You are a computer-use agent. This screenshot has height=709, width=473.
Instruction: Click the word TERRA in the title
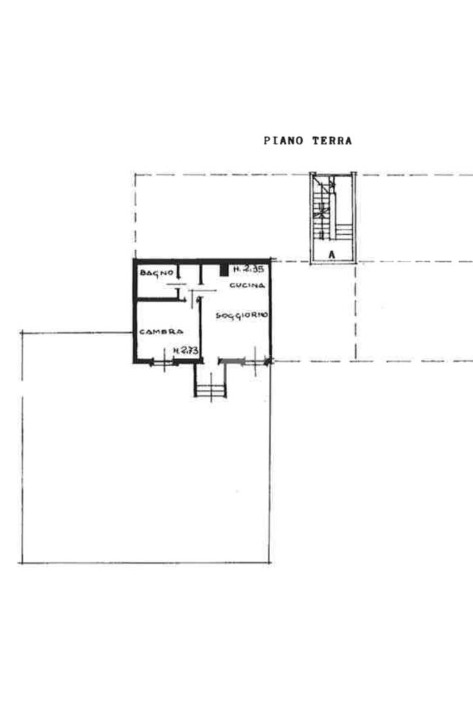coord(332,141)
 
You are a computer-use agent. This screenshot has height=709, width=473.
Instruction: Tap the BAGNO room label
coord(157,273)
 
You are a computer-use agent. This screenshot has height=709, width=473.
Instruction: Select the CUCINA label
coord(247,285)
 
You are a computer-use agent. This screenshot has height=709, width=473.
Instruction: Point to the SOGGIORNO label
coord(242,315)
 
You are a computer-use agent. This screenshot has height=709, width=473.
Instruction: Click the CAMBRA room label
coord(161,332)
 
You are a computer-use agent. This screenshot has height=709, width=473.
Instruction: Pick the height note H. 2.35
coord(248,269)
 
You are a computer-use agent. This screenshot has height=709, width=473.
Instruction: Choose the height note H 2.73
coord(186,350)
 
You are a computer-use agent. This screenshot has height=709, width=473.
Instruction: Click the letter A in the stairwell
coord(332,255)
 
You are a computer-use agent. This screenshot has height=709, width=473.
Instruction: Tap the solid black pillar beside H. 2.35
coord(224,269)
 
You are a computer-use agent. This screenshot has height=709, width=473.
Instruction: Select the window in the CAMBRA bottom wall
coord(163,361)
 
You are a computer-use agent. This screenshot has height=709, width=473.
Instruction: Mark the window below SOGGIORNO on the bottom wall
coord(255,361)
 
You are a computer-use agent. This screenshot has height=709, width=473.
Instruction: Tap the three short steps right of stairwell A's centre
coord(345,231)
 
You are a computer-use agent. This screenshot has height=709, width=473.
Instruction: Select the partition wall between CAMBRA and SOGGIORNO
coord(199,327)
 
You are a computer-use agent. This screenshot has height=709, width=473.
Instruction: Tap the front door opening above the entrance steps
coord(211,361)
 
